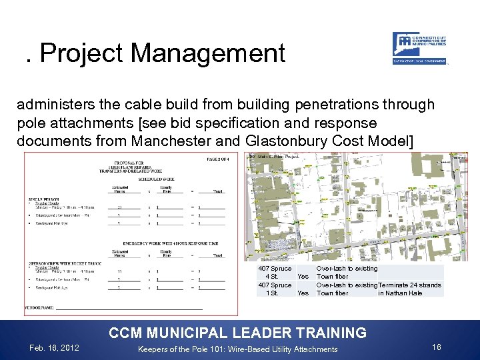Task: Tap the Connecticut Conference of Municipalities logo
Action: click(x=419, y=48)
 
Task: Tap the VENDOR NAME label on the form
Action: click(x=40, y=308)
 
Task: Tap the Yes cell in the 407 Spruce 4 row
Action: click(x=303, y=277)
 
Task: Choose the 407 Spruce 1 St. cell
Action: click(x=275, y=289)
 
